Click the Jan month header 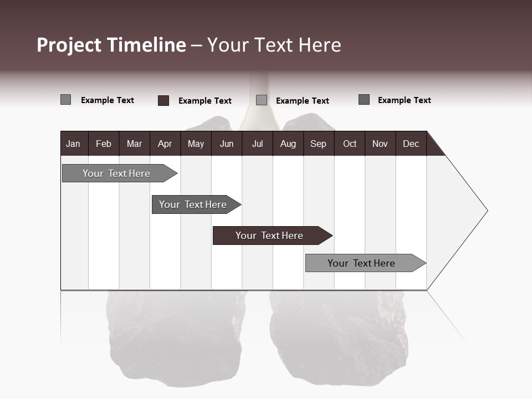click(73, 144)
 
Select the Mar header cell click(134, 144)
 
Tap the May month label click(196, 144)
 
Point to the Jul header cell click(257, 144)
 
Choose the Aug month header click(288, 144)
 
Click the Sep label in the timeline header click(318, 144)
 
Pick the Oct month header click(350, 144)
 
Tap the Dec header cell click(411, 144)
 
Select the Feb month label click(104, 144)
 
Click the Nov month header click(380, 144)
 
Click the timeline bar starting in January click(116, 173)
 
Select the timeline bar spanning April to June click(193, 204)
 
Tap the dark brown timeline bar click(269, 236)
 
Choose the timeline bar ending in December click(361, 263)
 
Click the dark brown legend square click(163, 100)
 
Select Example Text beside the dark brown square click(204, 101)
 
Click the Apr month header click(165, 144)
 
